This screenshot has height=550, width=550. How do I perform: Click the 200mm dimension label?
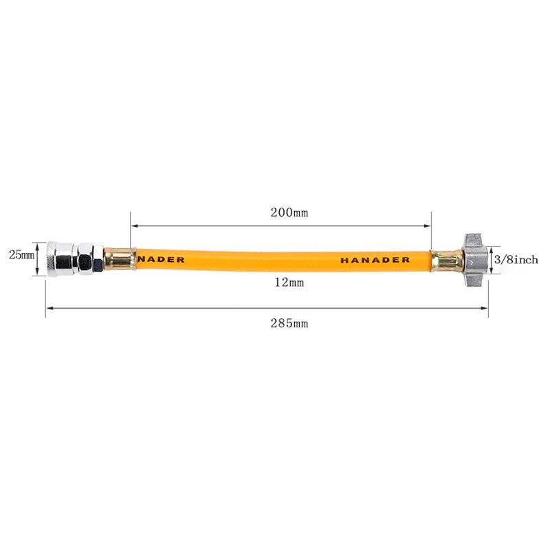tap(289, 212)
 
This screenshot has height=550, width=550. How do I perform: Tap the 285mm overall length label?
tap(289, 323)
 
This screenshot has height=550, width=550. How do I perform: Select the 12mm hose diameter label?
tap(289, 282)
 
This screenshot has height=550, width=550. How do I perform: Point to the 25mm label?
tap(22, 255)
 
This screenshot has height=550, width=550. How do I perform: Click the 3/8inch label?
tap(516, 260)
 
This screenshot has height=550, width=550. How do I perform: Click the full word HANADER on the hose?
tap(375, 260)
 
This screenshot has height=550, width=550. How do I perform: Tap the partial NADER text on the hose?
tap(161, 260)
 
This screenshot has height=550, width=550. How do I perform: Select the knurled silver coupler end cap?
tap(60, 259)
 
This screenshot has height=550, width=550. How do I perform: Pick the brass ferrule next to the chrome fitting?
tap(120, 259)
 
